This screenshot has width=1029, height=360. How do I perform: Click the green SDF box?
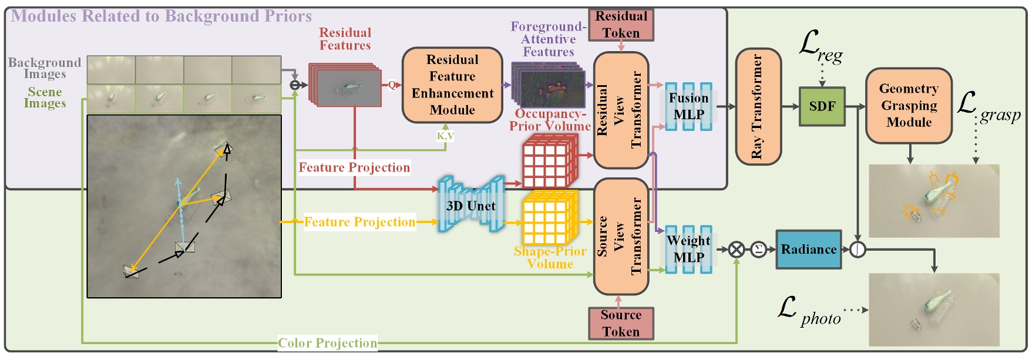point(822,107)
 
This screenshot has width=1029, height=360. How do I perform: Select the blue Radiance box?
point(808,250)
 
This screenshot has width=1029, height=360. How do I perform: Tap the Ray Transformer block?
point(758,106)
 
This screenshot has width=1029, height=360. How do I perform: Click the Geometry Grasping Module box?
point(909,106)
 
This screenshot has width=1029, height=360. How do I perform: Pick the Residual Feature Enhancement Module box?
point(452,85)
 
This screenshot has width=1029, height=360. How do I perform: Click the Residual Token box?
point(621,25)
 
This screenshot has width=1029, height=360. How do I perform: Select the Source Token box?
point(621,324)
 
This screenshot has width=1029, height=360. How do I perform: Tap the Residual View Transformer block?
point(621,110)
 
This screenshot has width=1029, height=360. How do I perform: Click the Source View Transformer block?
point(621,236)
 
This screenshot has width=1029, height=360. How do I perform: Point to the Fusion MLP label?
point(689,106)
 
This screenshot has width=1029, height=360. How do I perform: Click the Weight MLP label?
point(689,249)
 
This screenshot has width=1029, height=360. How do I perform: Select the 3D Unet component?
point(470,206)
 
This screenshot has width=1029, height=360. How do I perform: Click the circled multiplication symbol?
point(737,250)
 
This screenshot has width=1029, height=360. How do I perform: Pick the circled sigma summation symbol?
point(758,250)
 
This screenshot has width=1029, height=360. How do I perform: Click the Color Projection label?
point(327,343)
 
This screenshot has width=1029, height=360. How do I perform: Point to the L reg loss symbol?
point(820,47)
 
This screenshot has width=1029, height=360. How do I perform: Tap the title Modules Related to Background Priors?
point(162,16)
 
